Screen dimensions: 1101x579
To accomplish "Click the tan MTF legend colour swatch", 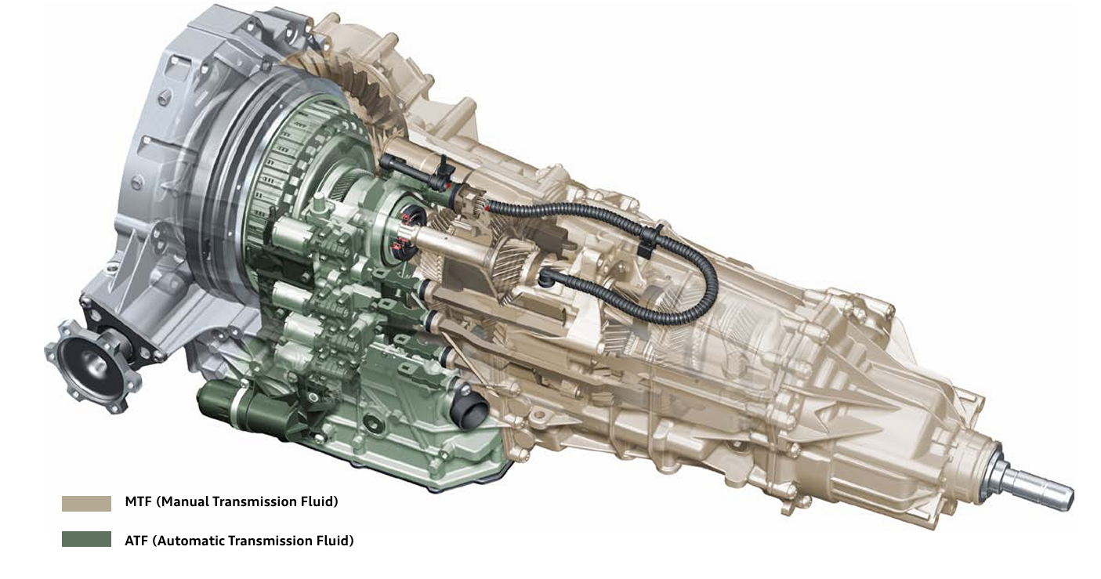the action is (86, 503).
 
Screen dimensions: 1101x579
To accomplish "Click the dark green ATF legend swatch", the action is (86, 539).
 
